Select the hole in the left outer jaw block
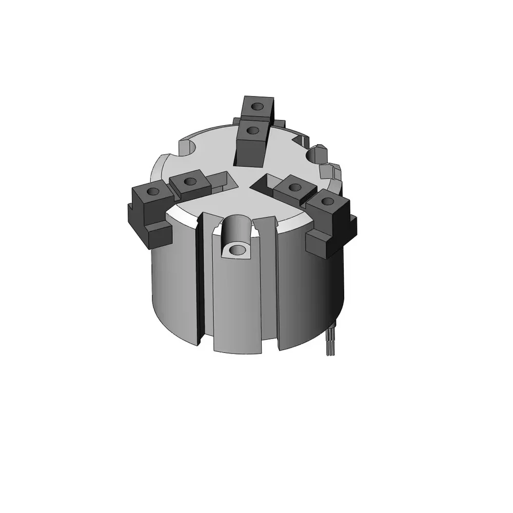coord(152,192)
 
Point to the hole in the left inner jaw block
coord(190,181)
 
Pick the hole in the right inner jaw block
coord(294,186)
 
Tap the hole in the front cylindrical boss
coord(236,250)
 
